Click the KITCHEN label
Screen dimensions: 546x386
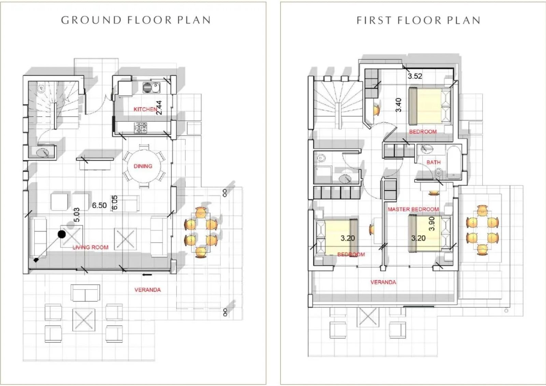[145, 109]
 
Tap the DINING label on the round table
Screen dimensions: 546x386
[143, 166]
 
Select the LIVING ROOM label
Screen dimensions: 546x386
[90, 248]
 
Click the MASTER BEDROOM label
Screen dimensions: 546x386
[413, 209]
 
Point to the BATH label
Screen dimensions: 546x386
[433, 162]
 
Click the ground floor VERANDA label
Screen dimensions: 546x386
[148, 290]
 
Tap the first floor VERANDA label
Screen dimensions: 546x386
[383, 282]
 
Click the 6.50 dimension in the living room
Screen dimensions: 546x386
[99, 205]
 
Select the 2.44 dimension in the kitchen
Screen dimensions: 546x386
[159, 108]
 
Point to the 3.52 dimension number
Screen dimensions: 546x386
[415, 76]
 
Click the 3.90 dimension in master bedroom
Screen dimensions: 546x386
[431, 224]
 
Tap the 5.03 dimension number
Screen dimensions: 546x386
[76, 215]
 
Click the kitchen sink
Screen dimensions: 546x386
[151, 88]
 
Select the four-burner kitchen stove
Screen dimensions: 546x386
[140, 128]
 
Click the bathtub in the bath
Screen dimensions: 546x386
[454, 162]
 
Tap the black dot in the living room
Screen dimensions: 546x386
[62, 234]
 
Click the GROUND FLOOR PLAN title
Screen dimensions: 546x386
[136, 20]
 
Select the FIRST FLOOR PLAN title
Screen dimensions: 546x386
[418, 20]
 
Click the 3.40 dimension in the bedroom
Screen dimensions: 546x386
[398, 105]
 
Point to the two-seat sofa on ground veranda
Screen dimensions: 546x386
[85, 293]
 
